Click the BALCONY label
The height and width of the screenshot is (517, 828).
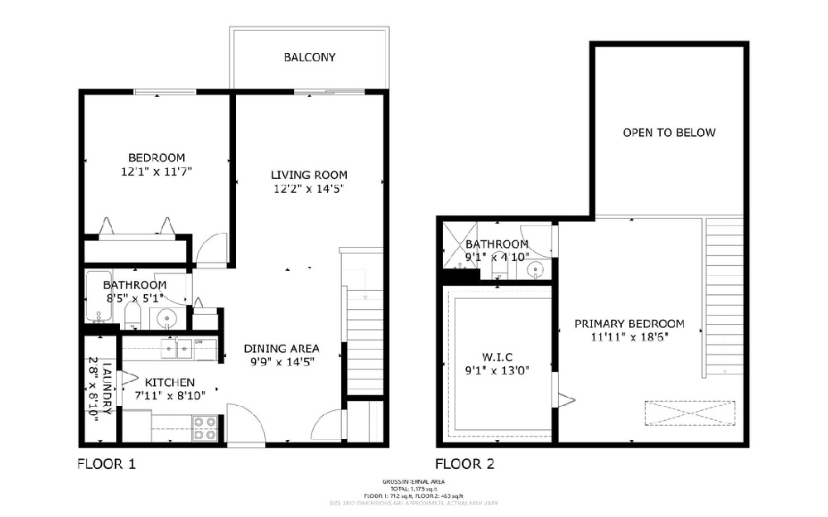coord(309,57)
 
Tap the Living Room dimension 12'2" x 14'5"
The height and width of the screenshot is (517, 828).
coord(309,189)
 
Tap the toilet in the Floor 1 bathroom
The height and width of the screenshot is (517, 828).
coord(132,315)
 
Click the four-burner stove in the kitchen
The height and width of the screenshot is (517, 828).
coord(205,428)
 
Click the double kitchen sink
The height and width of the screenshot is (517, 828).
coord(176,350)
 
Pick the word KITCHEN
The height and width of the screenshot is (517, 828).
coord(170,382)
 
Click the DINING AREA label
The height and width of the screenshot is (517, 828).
coord(282,348)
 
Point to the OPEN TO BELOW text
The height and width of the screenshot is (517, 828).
coord(669,133)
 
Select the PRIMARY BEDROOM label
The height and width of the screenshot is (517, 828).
coord(629,323)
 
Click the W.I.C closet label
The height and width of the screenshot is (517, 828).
coord(497,356)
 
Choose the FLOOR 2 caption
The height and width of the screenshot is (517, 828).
coord(465,464)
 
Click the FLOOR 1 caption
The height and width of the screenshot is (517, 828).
coord(106,464)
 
